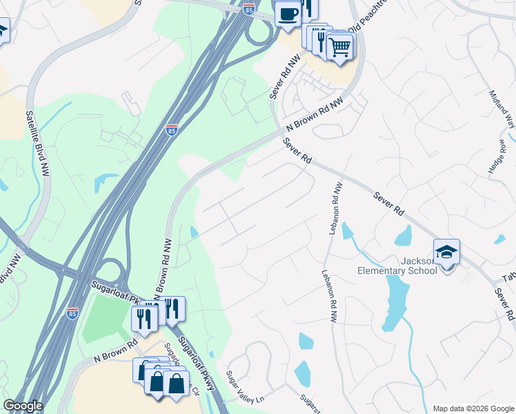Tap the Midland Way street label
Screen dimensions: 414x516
point(502,109)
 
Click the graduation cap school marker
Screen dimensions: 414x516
point(446,252)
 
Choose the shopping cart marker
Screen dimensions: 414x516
point(339,48)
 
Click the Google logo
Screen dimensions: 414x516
point(22,406)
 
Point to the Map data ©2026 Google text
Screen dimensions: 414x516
point(473,408)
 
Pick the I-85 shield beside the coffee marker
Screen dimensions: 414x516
point(249,8)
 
